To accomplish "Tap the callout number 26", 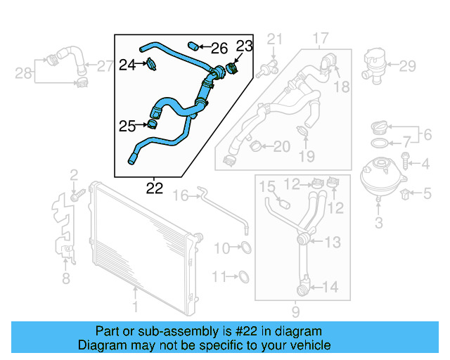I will tap(219, 48).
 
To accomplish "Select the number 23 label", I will tap(243, 46).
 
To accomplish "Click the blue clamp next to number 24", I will tap(151, 65).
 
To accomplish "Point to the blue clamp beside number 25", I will tap(152, 125).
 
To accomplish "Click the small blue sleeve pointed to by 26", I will tap(195, 47).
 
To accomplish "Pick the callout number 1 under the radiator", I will tap(136, 306).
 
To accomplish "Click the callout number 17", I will tap(321, 37).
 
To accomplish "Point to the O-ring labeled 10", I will tap(245, 247).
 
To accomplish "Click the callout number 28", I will tap(23, 72).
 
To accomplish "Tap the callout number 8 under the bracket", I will tap(65, 279).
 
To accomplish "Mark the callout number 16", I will tap(181, 195).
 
